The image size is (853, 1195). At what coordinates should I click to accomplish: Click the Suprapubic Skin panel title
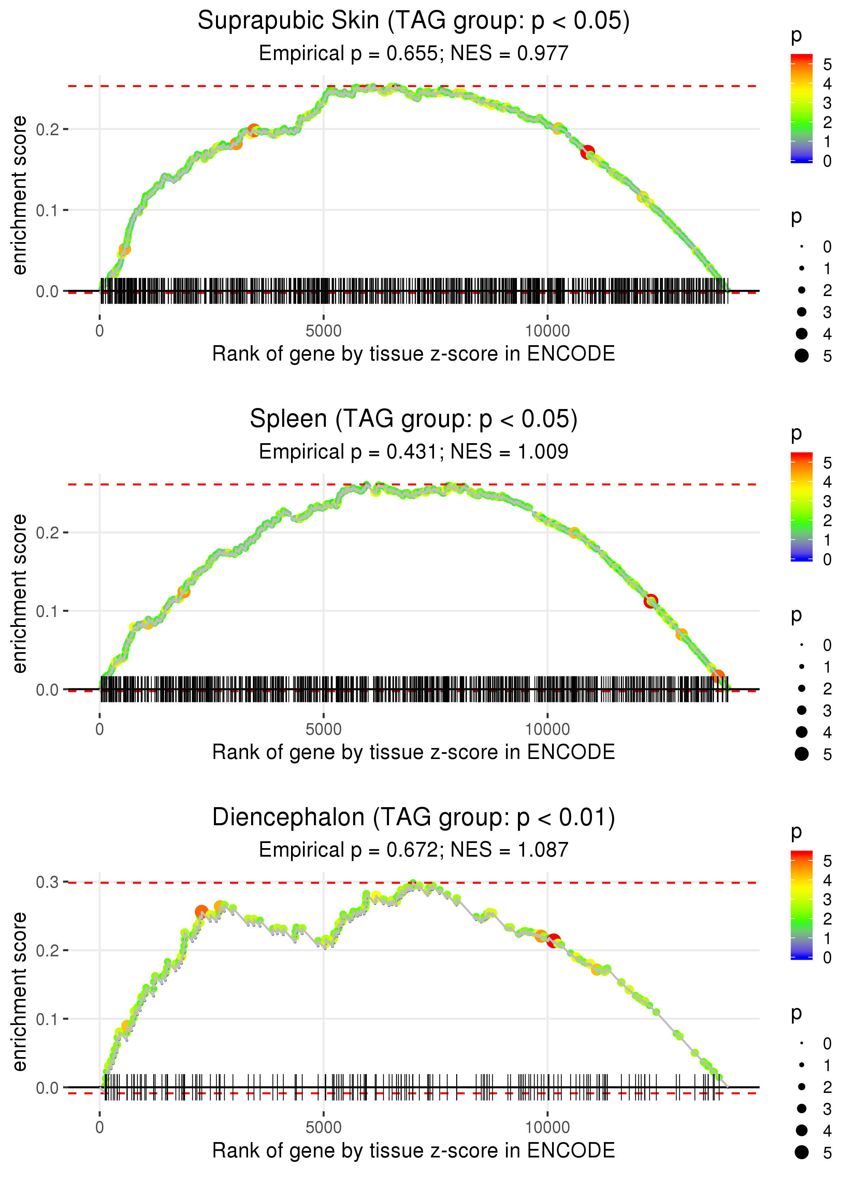[414, 21]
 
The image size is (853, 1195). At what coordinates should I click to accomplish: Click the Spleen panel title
[414, 419]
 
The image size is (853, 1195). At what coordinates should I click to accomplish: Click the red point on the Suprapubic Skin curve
[587, 152]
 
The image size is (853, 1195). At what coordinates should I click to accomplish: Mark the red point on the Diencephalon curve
[554, 941]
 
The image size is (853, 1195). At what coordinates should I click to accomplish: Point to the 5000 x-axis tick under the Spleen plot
[323, 729]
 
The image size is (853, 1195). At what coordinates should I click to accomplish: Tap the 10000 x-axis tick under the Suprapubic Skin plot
[547, 331]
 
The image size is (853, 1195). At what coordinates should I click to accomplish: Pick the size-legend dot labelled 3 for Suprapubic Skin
[801, 312]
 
